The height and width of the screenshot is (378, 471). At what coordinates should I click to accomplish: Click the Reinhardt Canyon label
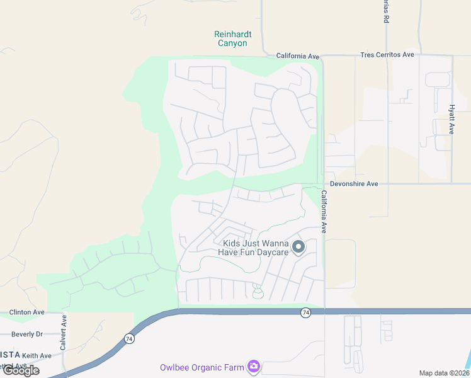tap(230, 38)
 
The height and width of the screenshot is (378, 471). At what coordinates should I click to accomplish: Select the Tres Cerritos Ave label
tap(387, 55)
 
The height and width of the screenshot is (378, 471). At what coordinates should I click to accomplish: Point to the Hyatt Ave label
tap(451, 119)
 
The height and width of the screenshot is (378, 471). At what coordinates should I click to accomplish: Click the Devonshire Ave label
tap(355, 184)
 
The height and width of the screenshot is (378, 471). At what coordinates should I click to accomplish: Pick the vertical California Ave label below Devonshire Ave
tap(324, 212)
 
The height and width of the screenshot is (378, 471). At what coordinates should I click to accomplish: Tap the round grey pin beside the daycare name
tap(298, 246)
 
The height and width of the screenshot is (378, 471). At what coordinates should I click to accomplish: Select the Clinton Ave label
tap(26, 312)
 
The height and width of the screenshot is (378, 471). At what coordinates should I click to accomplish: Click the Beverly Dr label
tap(26, 334)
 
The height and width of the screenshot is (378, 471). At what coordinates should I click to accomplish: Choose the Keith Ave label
tap(37, 356)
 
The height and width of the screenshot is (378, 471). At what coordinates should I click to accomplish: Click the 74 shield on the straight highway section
tap(305, 312)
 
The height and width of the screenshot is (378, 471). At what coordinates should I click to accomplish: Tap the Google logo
tap(21, 370)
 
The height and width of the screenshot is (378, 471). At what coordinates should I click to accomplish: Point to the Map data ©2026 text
tap(443, 373)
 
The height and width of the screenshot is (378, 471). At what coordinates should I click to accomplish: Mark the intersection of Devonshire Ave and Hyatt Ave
tap(452, 184)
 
